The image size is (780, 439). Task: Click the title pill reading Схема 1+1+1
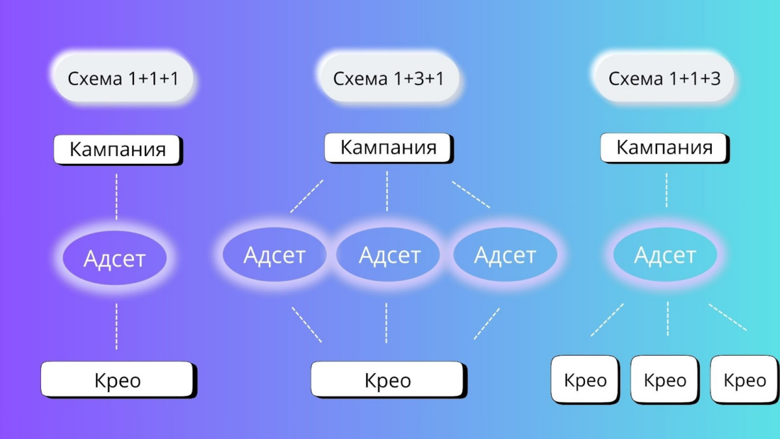tap(123, 78)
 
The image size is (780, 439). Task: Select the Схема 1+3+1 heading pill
tap(389, 78)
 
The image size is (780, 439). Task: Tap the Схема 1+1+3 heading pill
tap(664, 78)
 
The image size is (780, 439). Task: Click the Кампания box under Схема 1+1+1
tap(118, 150)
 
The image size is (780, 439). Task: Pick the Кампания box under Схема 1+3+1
tap(389, 148)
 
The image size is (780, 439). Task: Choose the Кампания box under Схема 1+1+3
tap(664, 148)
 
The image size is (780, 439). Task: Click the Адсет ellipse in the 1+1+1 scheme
tap(114, 258)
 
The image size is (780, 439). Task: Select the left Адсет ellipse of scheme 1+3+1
tap(274, 255)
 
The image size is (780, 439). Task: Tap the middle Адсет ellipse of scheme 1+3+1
tap(388, 255)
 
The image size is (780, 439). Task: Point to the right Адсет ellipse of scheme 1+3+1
tap(505, 255)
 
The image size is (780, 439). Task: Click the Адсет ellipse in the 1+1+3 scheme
tap(665, 255)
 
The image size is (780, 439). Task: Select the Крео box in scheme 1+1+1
tap(118, 380)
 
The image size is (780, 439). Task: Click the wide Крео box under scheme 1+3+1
tap(389, 380)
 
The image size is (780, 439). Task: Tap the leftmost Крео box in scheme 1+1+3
tap(585, 380)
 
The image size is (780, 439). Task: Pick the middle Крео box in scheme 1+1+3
tap(665, 380)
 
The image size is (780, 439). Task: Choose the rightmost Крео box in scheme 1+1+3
tap(744, 380)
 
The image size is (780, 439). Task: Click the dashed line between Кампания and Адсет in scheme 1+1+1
tap(116, 197)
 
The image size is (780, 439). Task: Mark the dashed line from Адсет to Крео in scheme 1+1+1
tap(116, 326)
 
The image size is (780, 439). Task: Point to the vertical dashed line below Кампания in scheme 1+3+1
tap(387, 191)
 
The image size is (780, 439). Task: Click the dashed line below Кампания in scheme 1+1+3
tap(666, 190)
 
